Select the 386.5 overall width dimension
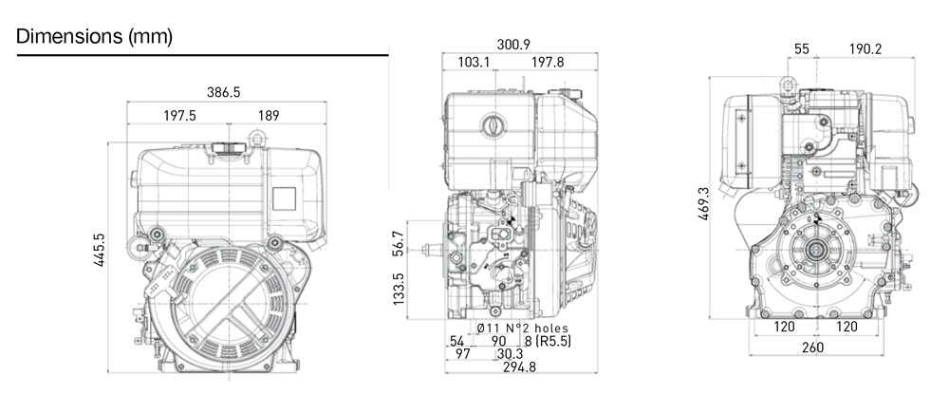(x=224, y=93)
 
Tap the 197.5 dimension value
(x=178, y=116)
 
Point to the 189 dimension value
(x=269, y=116)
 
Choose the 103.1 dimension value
(x=474, y=63)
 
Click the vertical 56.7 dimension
(x=399, y=244)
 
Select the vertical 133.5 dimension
(x=399, y=295)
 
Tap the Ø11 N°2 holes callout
(x=512, y=328)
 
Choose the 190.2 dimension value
(x=865, y=49)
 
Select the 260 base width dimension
(x=812, y=348)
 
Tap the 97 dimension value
(x=462, y=354)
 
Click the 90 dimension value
(x=499, y=341)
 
